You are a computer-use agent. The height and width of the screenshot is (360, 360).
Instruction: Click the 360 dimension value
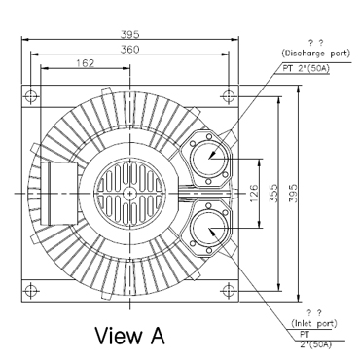pyautogui.click(x=129, y=50)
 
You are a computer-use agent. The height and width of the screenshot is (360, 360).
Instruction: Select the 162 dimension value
pyautogui.click(x=85, y=63)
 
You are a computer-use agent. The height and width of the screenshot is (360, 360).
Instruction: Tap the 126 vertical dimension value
pyautogui.click(x=255, y=194)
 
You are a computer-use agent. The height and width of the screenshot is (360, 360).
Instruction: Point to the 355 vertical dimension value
pyautogui.click(x=274, y=194)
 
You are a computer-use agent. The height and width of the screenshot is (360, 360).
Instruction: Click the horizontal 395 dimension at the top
pyautogui.click(x=129, y=34)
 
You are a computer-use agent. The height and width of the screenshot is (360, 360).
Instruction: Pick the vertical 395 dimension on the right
pyautogui.click(x=293, y=194)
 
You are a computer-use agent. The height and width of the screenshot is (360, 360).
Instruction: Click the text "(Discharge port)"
pyautogui.click(x=316, y=53)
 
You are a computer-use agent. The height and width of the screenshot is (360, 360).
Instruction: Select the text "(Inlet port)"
pyautogui.click(x=314, y=323)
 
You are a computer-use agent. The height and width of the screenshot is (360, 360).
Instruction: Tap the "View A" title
pyautogui.click(x=129, y=336)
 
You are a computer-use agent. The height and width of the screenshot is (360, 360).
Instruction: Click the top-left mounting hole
pyautogui.click(x=31, y=96)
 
